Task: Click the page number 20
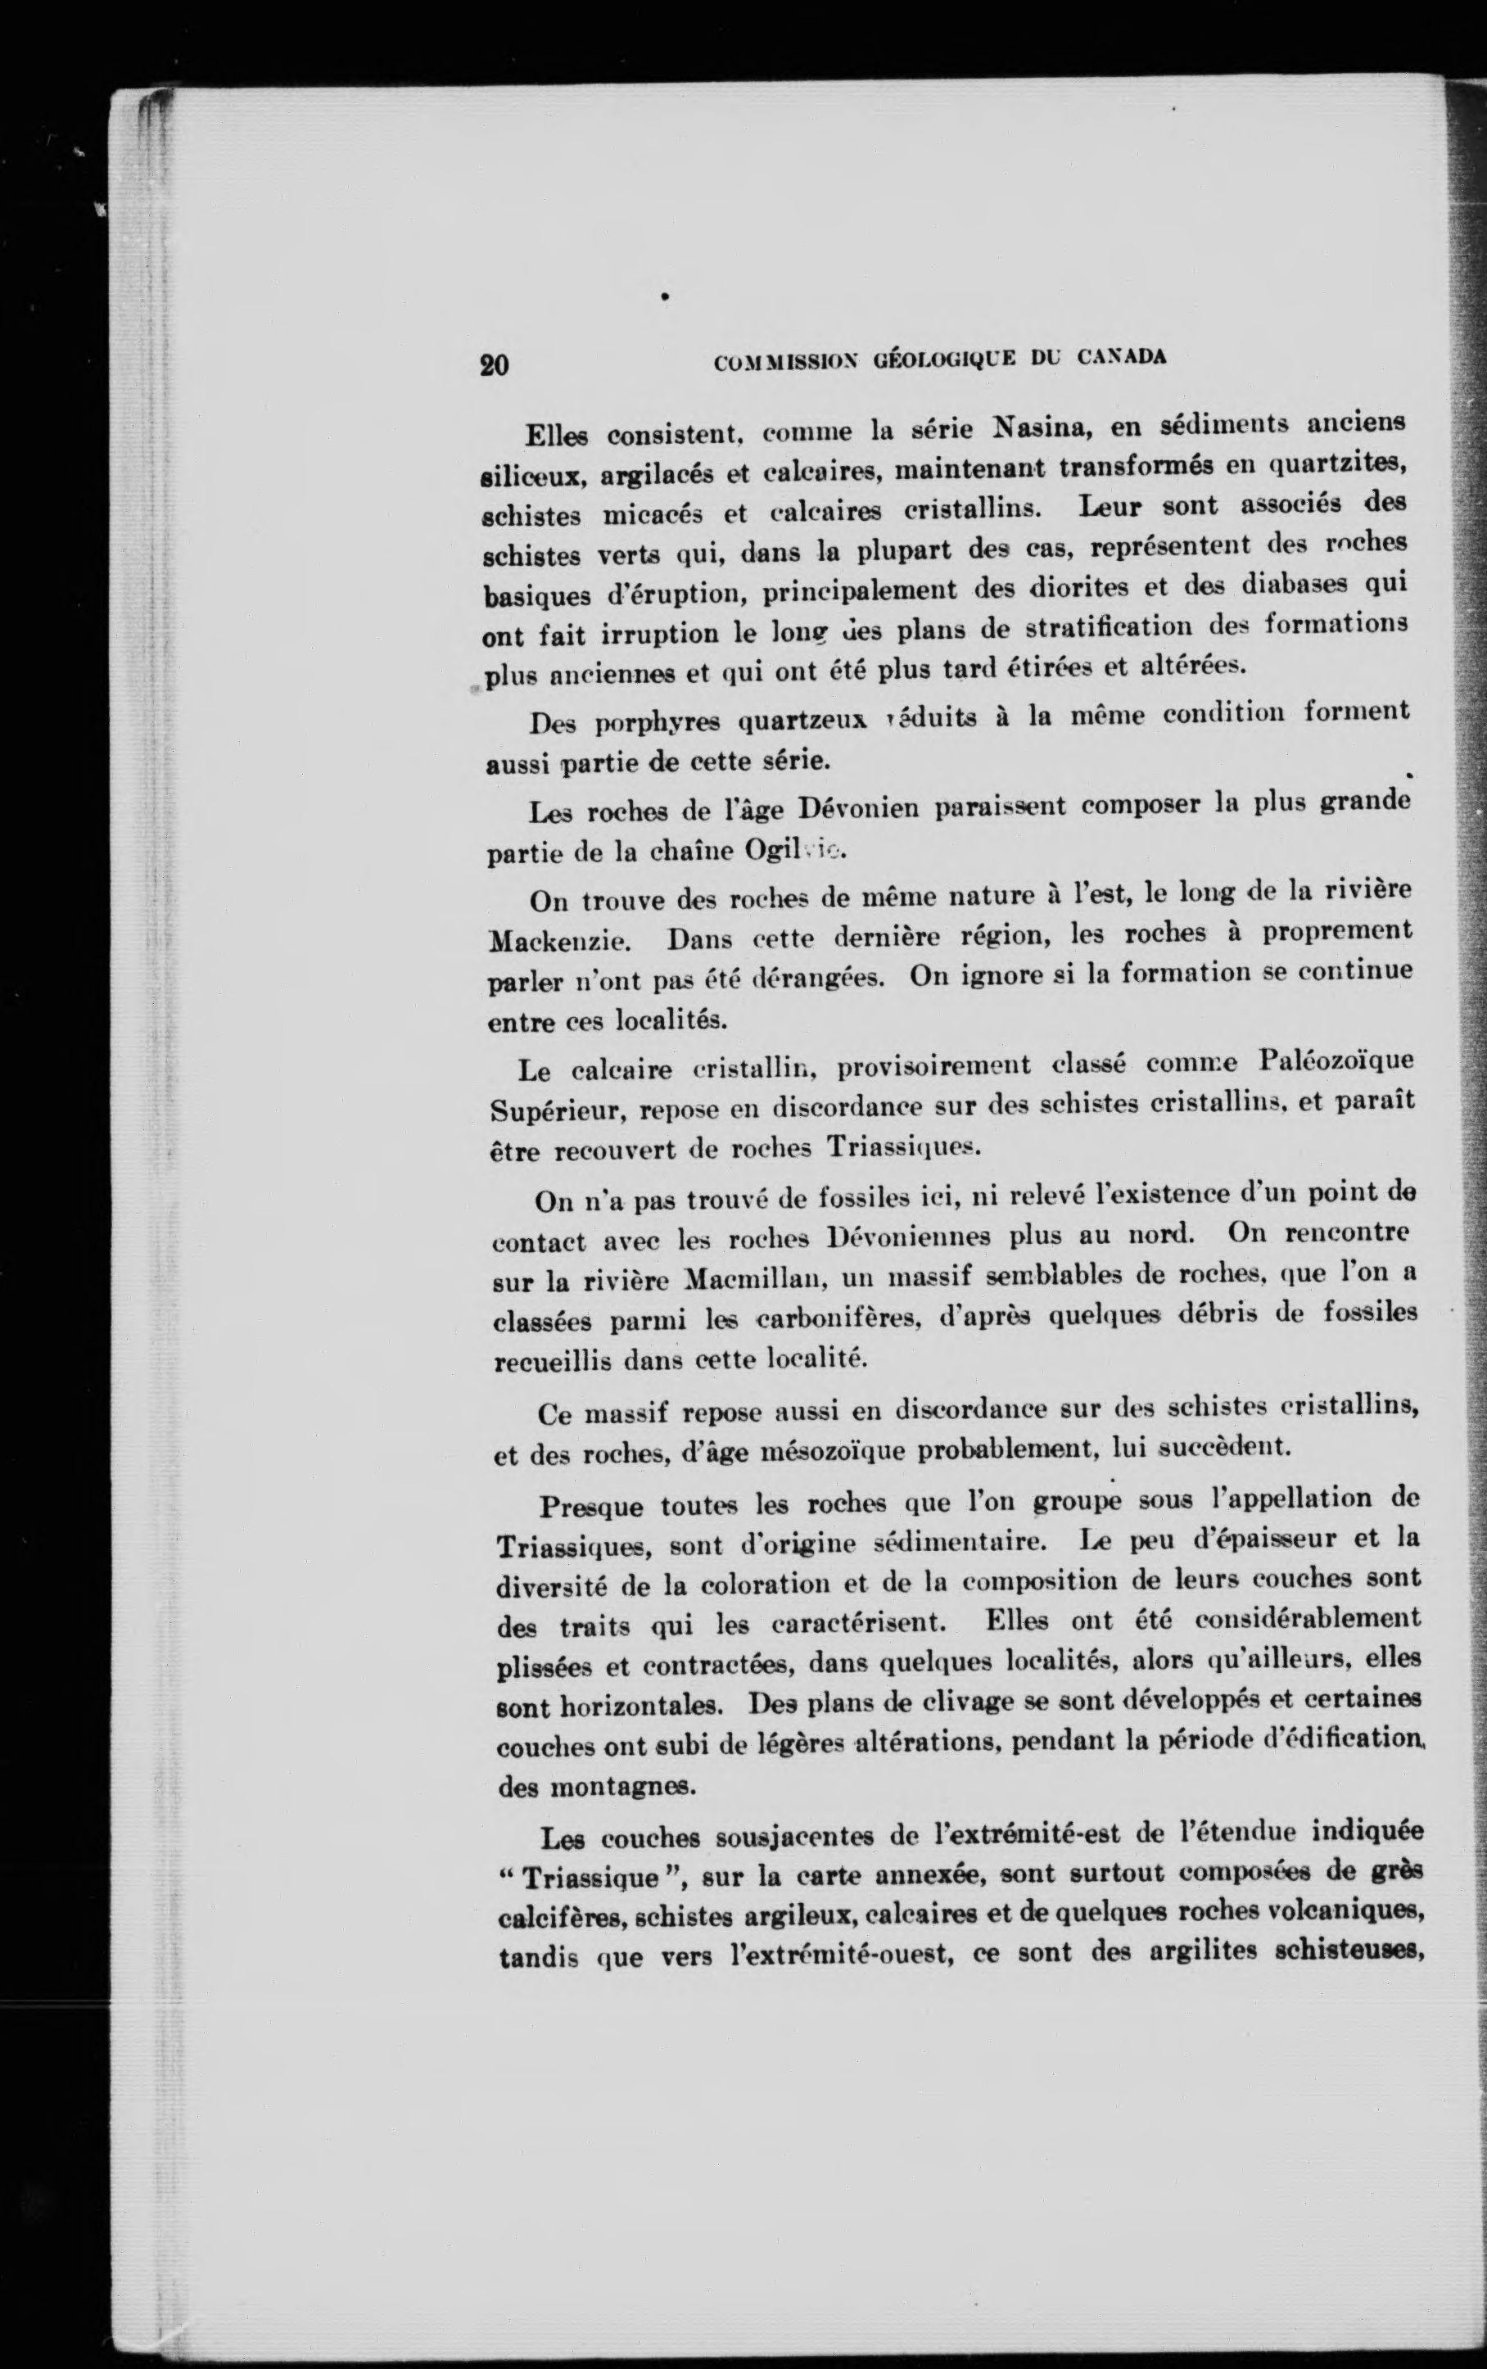pyautogui.click(x=494, y=366)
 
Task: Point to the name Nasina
pyautogui.click(x=1042, y=427)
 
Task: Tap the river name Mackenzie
pyautogui.click(x=558, y=941)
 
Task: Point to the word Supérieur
pyautogui.click(x=557, y=1110)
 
